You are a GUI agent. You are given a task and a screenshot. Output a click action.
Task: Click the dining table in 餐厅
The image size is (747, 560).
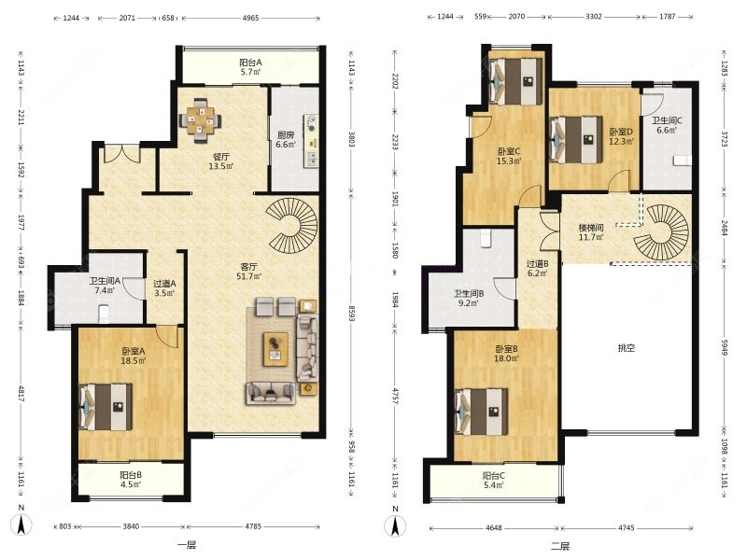click(200, 120)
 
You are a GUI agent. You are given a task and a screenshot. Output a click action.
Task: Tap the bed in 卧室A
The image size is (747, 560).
click(106, 407)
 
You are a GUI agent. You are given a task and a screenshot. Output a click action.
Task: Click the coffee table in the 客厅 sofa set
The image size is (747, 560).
click(275, 349)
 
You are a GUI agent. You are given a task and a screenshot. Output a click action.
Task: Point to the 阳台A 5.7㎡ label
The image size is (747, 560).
click(250, 67)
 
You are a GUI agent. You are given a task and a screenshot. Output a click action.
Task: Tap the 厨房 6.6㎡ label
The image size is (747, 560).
click(286, 139)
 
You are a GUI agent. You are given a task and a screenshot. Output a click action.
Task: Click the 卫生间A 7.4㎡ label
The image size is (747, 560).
click(105, 286)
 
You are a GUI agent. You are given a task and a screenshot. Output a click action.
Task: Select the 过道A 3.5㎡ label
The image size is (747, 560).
click(164, 288)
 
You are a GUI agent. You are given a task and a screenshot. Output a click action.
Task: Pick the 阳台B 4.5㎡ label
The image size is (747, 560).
click(130, 480)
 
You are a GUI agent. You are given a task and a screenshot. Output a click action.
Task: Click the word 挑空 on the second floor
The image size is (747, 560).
click(626, 348)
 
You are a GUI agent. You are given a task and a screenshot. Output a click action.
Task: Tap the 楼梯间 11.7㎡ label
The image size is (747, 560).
click(591, 232)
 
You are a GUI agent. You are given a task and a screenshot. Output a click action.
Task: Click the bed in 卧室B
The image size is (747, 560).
click(481, 412)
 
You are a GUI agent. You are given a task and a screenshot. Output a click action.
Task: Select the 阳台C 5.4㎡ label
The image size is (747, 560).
click(494, 481)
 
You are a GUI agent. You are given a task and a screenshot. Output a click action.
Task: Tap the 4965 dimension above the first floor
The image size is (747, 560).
click(250, 18)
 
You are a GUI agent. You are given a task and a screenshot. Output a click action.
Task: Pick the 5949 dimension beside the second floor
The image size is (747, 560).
click(725, 348)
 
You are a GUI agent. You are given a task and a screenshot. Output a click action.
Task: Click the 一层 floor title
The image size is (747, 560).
click(187, 545)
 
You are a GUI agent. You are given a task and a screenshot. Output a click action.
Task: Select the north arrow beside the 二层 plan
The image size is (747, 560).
click(395, 522)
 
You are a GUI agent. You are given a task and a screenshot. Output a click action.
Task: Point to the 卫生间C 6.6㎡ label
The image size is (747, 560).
click(667, 125)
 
